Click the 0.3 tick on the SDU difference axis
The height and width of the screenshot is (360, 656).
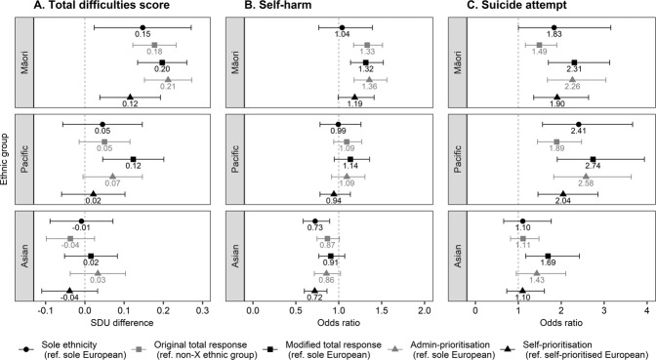click(202, 308)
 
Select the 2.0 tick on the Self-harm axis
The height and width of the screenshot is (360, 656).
click(423, 308)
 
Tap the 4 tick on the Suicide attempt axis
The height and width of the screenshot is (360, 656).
click(646, 308)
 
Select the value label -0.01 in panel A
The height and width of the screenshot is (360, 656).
click(82, 228)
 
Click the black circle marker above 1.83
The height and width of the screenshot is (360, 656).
click(553, 27)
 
